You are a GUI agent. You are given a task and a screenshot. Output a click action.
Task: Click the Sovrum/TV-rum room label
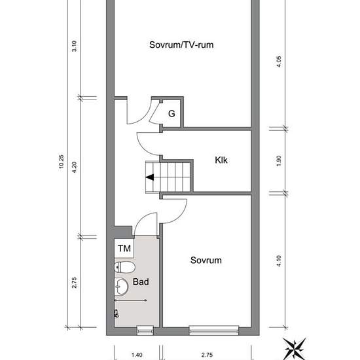tap(181, 45)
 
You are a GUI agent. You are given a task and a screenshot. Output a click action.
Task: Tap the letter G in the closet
tap(171, 114)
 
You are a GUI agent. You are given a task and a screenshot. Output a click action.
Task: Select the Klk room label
tap(221, 160)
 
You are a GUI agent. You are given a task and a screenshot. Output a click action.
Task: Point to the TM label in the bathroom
tap(124, 248)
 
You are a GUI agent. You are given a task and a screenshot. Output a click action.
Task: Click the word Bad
tap(141, 281)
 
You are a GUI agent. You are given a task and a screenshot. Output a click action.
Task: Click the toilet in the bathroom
tap(124, 267)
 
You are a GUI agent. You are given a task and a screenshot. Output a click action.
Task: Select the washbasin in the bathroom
tap(121, 287)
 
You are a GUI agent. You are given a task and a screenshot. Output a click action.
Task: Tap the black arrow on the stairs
tap(150, 177)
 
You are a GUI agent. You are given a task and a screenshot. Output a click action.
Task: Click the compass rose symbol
tap(295, 348)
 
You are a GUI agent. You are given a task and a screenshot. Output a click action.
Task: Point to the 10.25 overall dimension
tap(62, 162)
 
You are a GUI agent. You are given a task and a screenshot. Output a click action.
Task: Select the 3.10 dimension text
tap(74, 46)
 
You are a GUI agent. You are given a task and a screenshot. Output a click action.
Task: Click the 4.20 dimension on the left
tap(74, 167)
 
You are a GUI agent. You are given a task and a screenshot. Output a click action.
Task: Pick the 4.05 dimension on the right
tap(278, 62)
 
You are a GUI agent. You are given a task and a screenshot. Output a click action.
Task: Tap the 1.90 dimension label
tap(278, 161)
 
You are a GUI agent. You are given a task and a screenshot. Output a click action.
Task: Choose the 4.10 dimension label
tap(278, 261)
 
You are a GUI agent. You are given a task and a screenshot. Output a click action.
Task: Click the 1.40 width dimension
tap(137, 355)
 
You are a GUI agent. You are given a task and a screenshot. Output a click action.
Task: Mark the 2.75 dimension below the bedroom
tap(207, 355)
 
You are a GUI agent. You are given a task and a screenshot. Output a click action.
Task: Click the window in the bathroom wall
tap(145, 331)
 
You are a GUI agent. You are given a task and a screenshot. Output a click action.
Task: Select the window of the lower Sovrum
tap(214, 331)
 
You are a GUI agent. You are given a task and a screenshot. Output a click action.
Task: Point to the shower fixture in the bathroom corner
tap(117, 314)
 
